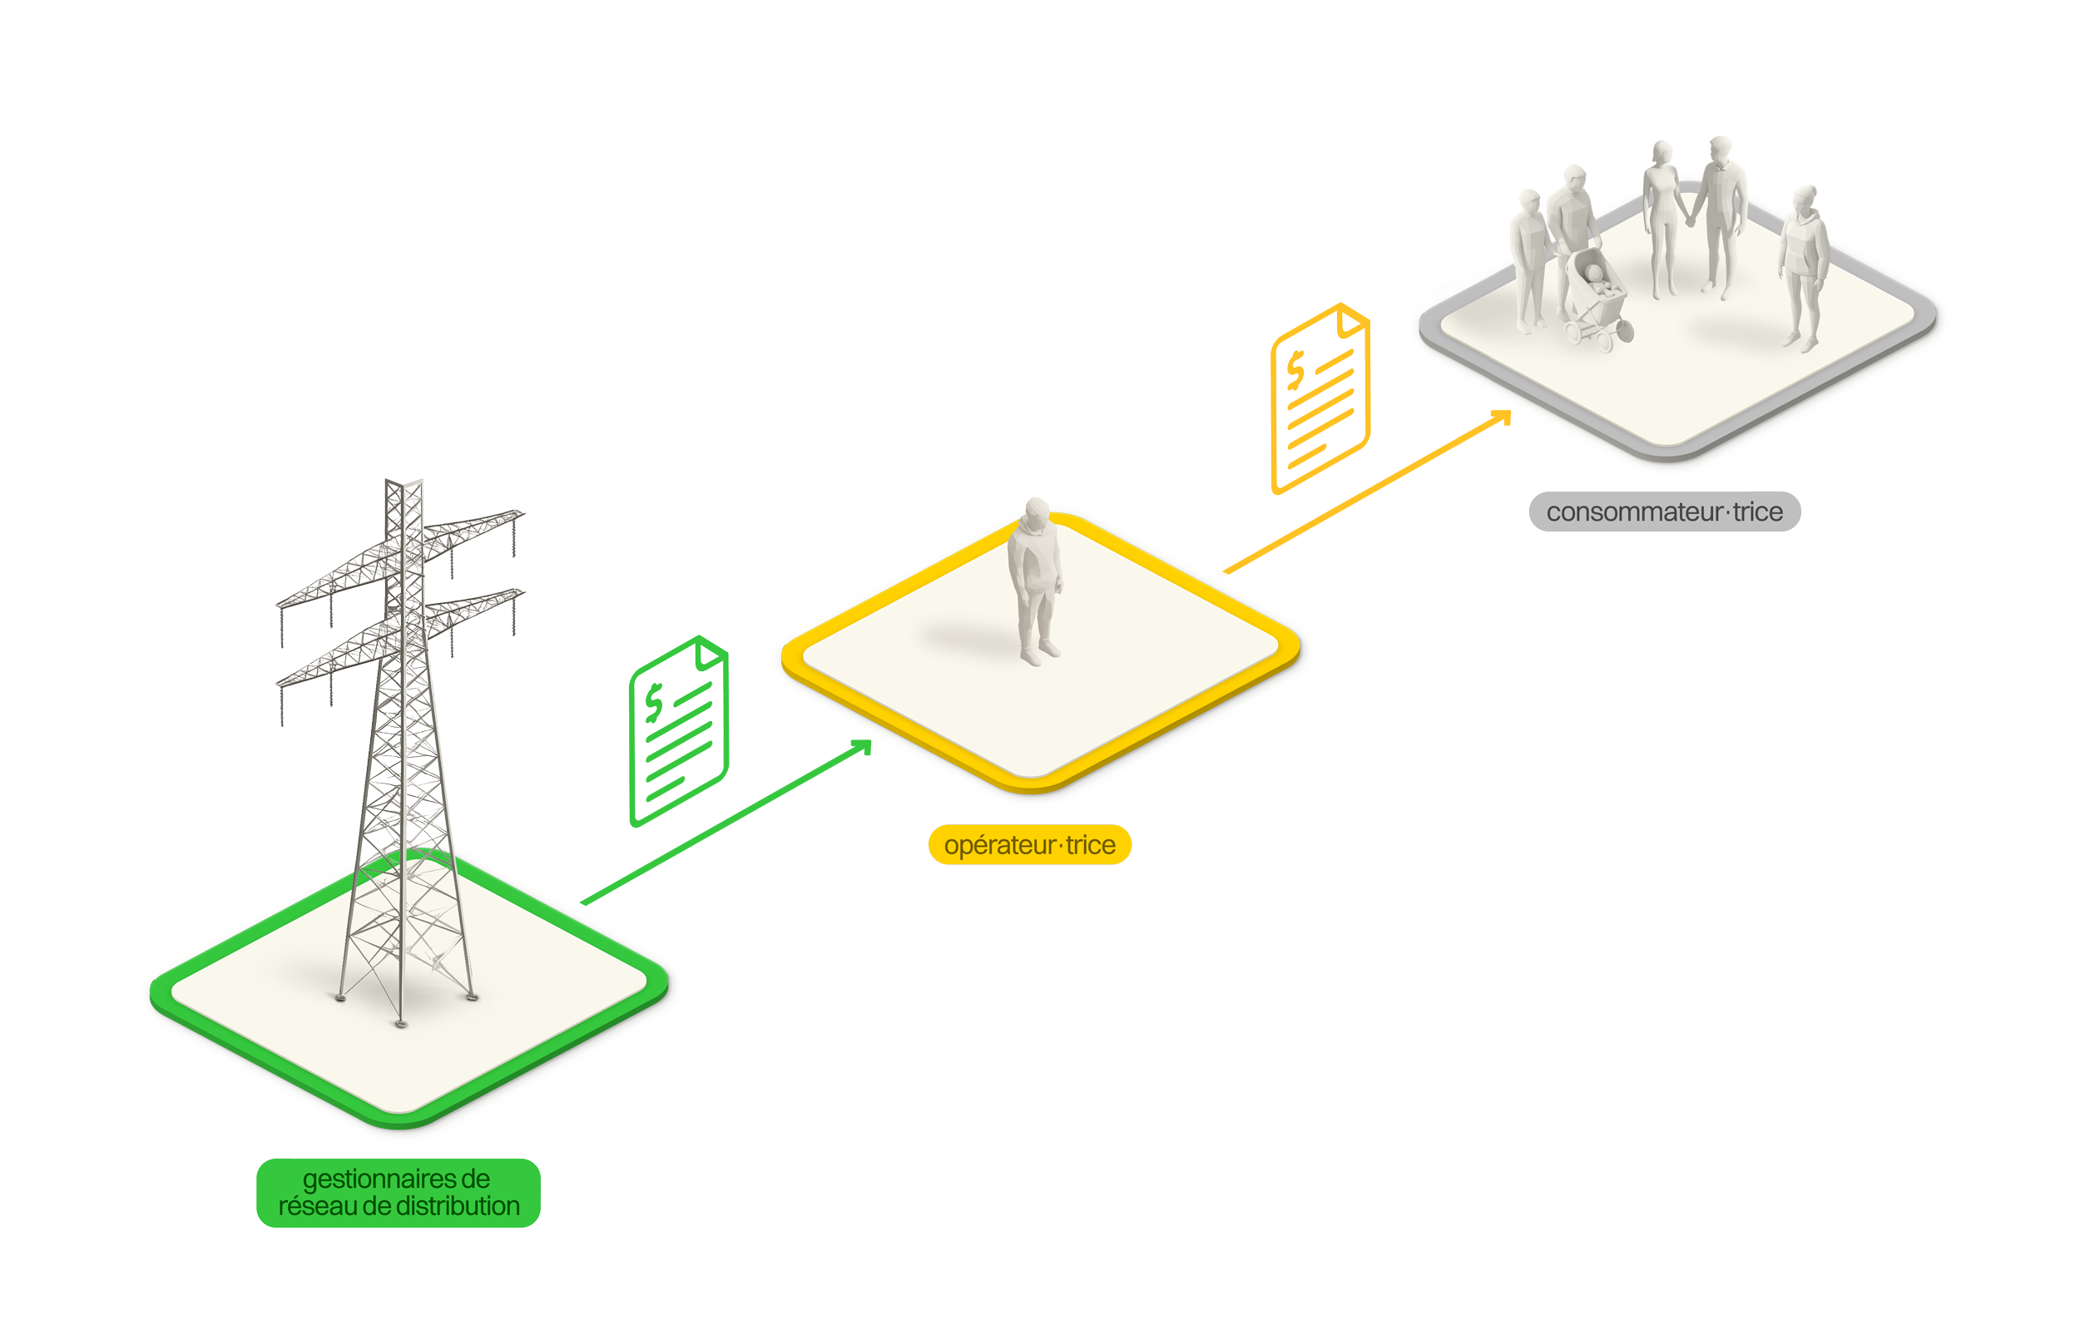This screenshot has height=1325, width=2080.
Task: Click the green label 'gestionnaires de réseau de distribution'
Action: point(399,1192)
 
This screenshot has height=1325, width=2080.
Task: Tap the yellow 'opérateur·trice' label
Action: point(1029,844)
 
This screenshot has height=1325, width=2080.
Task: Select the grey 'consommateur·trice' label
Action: point(1664,512)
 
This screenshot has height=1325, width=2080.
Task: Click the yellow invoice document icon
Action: point(1319,399)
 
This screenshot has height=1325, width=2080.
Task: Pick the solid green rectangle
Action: point(713,806)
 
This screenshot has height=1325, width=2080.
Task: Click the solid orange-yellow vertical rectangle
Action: point(1484,496)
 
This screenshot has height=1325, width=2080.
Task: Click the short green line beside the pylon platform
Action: point(610,889)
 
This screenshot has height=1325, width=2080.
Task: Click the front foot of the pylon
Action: point(400,1024)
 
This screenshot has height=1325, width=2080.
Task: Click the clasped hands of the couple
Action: point(1691,220)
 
